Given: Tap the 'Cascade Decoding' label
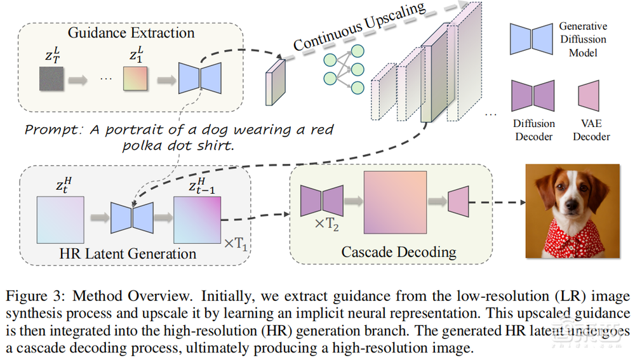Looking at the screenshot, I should (398, 251).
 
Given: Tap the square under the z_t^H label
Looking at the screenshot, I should (60, 218).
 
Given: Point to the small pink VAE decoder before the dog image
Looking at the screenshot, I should (458, 201).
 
